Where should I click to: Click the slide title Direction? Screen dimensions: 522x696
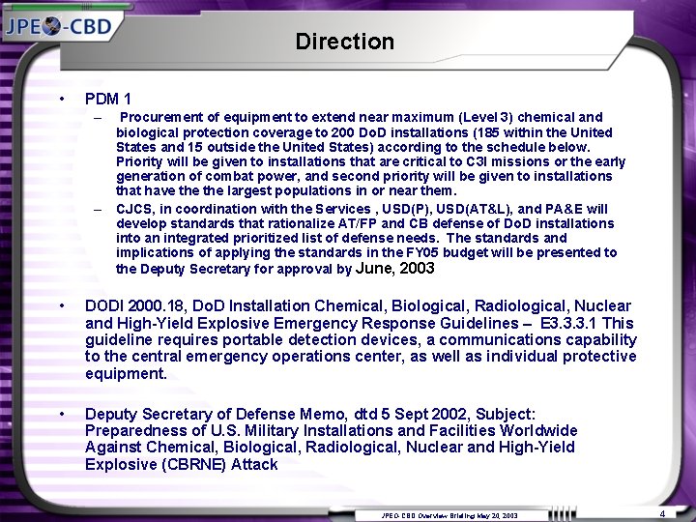point(345,42)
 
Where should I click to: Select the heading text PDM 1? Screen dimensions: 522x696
point(108,99)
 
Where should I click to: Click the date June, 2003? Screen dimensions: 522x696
point(396,268)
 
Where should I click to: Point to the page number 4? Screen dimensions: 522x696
point(661,511)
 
